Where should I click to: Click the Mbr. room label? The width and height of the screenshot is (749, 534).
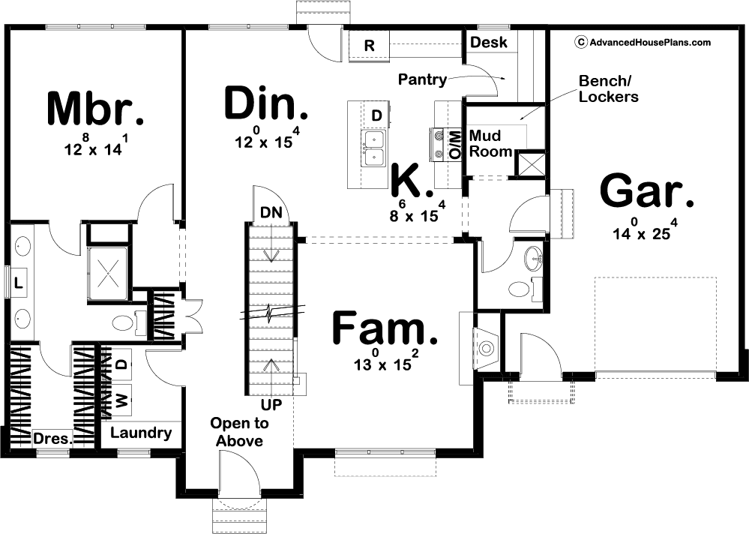(95, 109)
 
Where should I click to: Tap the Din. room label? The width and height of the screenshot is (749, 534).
(266, 103)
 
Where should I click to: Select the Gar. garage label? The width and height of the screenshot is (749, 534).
(647, 191)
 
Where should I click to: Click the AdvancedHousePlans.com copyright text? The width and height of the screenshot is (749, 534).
(644, 43)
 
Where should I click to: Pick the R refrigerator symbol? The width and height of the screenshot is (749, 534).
(369, 46)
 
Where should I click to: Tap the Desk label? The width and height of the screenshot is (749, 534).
(489, 42)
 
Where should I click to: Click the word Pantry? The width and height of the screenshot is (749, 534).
(422, 79)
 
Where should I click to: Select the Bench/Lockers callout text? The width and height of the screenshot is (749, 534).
(609, 88)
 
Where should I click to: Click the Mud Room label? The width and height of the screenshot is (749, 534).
(490, 143)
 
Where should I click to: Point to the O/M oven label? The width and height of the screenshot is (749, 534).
(456, 145)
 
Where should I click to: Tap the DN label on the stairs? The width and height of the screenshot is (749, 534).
(271, 212)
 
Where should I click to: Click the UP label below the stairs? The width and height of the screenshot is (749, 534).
(271, 405)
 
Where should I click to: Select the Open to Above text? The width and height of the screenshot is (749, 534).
(239, 432)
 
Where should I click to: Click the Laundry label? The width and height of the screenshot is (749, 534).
(141, 433)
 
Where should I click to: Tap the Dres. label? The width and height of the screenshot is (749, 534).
(52, 438)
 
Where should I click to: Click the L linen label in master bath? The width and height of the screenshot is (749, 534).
(18, 282)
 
